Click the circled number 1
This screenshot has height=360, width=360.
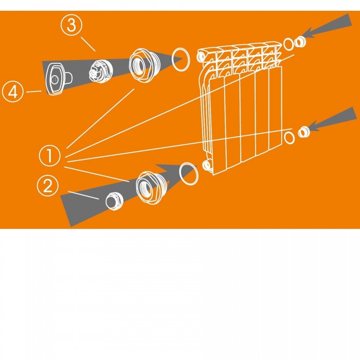coord(50,156)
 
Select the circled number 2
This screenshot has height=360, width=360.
coord(48,186)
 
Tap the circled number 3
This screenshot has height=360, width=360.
coord(71,25)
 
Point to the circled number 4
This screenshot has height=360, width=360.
coord(13,92)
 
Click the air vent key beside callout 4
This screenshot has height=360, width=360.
coord(58,78)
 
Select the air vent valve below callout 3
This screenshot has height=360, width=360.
coord(101,71)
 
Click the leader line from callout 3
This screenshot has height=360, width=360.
coord(88,44)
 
